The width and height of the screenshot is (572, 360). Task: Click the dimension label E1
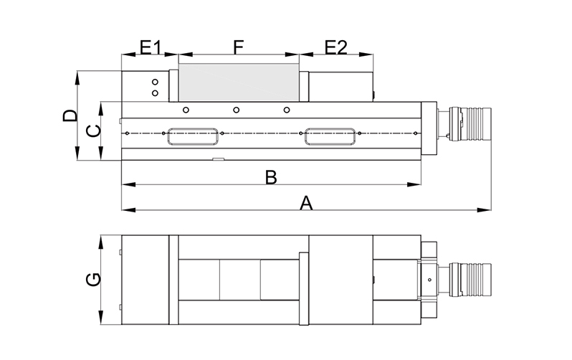point(151,47)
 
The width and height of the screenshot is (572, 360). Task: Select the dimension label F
point(238,47)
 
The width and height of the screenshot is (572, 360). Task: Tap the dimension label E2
point(336,47)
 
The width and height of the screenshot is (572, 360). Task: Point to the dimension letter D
point(70,115)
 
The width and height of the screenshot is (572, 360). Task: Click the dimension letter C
point(93,131)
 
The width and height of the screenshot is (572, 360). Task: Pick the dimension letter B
point(271,177)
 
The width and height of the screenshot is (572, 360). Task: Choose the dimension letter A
point(307,203)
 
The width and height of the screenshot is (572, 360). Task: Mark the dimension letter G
point(93,279)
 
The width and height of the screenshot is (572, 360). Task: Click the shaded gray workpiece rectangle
point(239,82)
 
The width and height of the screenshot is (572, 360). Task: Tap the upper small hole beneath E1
point(155,82)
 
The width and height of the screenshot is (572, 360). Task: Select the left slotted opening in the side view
point(193,136)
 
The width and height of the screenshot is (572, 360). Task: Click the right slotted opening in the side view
point(330,136)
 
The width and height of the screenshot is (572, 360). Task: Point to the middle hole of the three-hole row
point(237,110)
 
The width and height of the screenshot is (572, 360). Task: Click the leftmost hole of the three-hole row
point(186,110)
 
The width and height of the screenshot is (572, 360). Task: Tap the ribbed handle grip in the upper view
point(476,124)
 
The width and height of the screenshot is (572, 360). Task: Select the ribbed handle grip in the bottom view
point(476,279)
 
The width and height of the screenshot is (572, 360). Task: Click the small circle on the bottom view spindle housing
point(430,280)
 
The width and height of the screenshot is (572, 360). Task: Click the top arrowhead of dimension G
point(101,242)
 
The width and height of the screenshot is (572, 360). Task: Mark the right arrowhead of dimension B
point(414,184)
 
